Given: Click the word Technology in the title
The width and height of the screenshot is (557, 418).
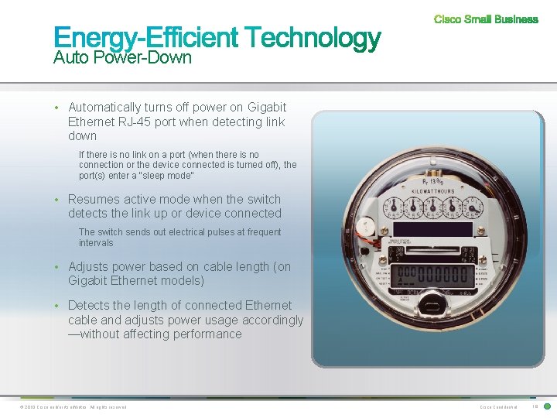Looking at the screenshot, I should click(x=313, y=38).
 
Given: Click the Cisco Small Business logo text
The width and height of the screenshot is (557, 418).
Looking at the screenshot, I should click(x=486, y=19).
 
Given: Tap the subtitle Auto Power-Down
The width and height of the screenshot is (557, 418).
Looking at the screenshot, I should click(x=122, y=58).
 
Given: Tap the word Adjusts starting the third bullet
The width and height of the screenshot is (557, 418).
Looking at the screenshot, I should click(x=89, y=267).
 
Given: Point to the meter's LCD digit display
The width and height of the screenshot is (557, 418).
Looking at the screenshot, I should click(x=433, y=276).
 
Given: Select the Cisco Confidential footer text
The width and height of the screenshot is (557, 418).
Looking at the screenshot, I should click(x=498, y=407).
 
